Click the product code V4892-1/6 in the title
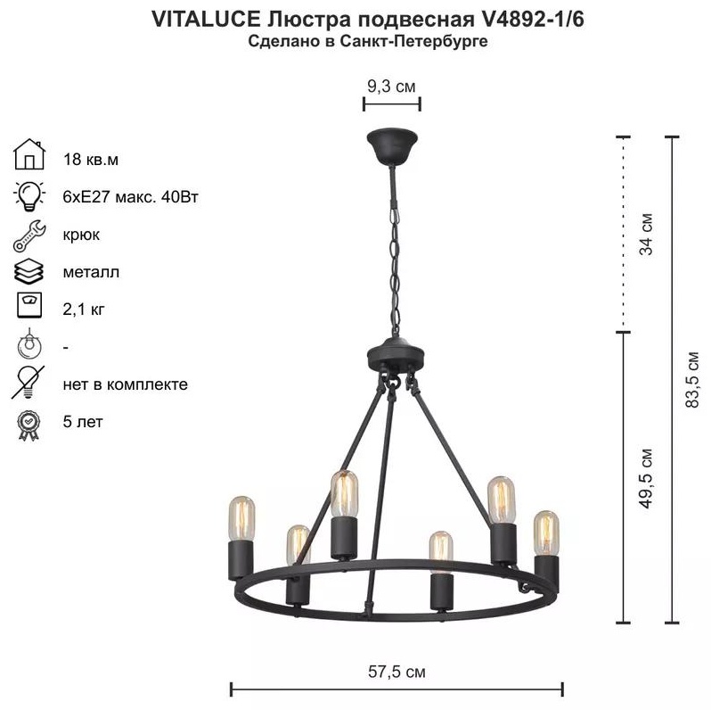click(529, 19)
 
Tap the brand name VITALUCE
click(206, 19)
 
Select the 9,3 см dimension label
click(391, 86)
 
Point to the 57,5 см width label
click(396, 672)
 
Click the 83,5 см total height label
click(692, 379)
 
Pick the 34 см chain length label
click(646, 235)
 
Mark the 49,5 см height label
click(646, 478)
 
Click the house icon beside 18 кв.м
click(29, 154)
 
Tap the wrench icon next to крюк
click(29, 236)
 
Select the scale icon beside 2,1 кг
click(29, 305)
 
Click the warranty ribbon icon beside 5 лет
click(29, 425)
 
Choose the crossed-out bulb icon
click(29, 383)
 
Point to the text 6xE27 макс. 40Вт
click(131, 197)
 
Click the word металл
click(91, 272)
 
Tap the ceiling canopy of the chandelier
click(392, 146)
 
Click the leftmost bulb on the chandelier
click(241, 518)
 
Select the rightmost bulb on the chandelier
click(546, 533)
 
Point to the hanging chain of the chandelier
click(395, 268)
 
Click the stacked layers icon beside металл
click(29, 272)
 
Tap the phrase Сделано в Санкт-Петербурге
click(368, 41)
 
